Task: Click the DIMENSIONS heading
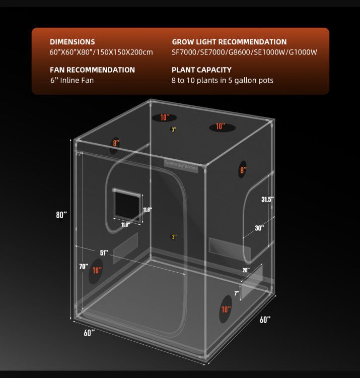(x=72, y=42)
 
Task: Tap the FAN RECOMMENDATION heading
(x=92, y=70)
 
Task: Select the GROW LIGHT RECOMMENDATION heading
(x=229, y=42)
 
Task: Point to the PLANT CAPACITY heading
(x=201, y=70)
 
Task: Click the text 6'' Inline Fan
(x=72, y=80)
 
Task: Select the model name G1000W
(x=303, y=52)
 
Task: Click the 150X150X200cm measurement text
(x=124, y=52)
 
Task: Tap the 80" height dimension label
(x=61, y=215)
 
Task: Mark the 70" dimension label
(x=84, y=267)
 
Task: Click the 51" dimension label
(x=104, y=253)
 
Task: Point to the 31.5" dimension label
(x=267, y=200)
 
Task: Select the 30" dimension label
(x=259, y=228)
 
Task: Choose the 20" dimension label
(x=246, y=270)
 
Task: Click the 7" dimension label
(x=237, y=293)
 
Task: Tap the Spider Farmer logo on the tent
(x=181, y=165)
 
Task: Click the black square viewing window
(x=127, y=206)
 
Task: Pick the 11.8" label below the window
(x=126, y=225)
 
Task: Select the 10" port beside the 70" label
(x=96, y=271)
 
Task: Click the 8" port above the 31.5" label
(x=243, y=170)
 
